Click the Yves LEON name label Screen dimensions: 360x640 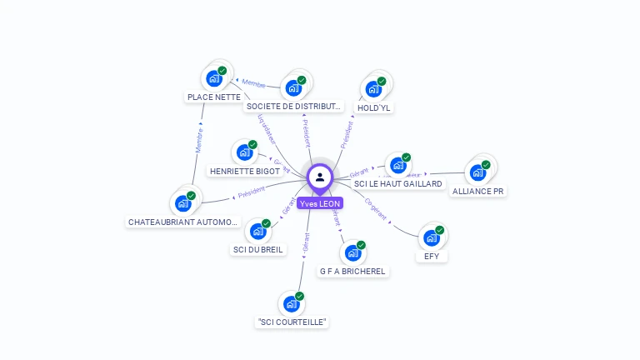(320, 203)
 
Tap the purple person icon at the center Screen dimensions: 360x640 (320, 177)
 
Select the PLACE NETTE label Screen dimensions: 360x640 (214, 97)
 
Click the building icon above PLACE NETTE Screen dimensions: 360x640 (214, 78)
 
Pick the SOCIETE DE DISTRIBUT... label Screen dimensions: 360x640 (293, 106)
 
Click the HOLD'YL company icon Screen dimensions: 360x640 (373, 88)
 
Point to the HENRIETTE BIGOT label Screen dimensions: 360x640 (245, 171)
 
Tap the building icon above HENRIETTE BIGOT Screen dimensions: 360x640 (244, 152)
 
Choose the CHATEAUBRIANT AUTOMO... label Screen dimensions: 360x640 (183, 222)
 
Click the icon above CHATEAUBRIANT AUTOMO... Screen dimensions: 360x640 (182, 203)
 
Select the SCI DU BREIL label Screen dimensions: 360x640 (257, 249)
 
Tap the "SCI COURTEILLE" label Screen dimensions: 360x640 (292, 322)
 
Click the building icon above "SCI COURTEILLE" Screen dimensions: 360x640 (291, 303)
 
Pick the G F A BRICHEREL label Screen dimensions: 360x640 (353, 272)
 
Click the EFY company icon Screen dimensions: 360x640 (432, 237)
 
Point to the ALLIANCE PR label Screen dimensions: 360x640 (477, 191)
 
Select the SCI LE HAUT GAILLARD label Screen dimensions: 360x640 (398, 183)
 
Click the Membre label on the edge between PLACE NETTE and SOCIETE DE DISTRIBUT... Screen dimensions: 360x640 (253, 84)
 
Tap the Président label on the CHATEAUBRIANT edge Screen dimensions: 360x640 (252, 192)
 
